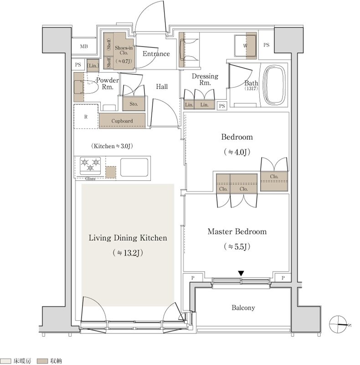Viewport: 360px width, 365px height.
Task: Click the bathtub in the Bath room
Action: point(273,85)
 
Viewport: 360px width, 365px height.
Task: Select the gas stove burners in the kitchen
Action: point(90,166)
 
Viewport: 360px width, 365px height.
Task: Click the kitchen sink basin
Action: point(134,167)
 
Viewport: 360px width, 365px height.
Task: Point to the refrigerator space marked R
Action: point(86,116)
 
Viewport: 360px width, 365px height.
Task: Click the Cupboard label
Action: point(122,121)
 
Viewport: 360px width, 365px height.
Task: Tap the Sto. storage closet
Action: point(134,104)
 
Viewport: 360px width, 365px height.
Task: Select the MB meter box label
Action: point(84,47)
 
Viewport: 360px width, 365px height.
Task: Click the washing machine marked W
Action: point(245,46)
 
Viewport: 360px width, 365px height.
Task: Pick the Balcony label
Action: point(243,308)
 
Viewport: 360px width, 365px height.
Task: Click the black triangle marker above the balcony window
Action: point(241,273)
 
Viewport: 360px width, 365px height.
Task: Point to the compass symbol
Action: point(338,324)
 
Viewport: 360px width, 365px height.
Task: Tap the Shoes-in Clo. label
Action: point(123,50)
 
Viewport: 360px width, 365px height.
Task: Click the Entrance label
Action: point(156,54)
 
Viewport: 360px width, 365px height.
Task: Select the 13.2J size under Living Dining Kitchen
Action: point(128,253)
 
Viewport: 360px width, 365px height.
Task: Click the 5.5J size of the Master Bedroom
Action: point(237,246)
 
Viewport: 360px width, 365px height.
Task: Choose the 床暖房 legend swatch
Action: point(5,361)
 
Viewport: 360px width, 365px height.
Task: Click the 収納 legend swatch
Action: point(42,361)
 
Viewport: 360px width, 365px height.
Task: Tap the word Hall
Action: point(162,87)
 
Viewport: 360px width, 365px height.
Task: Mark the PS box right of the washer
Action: point(266,45)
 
